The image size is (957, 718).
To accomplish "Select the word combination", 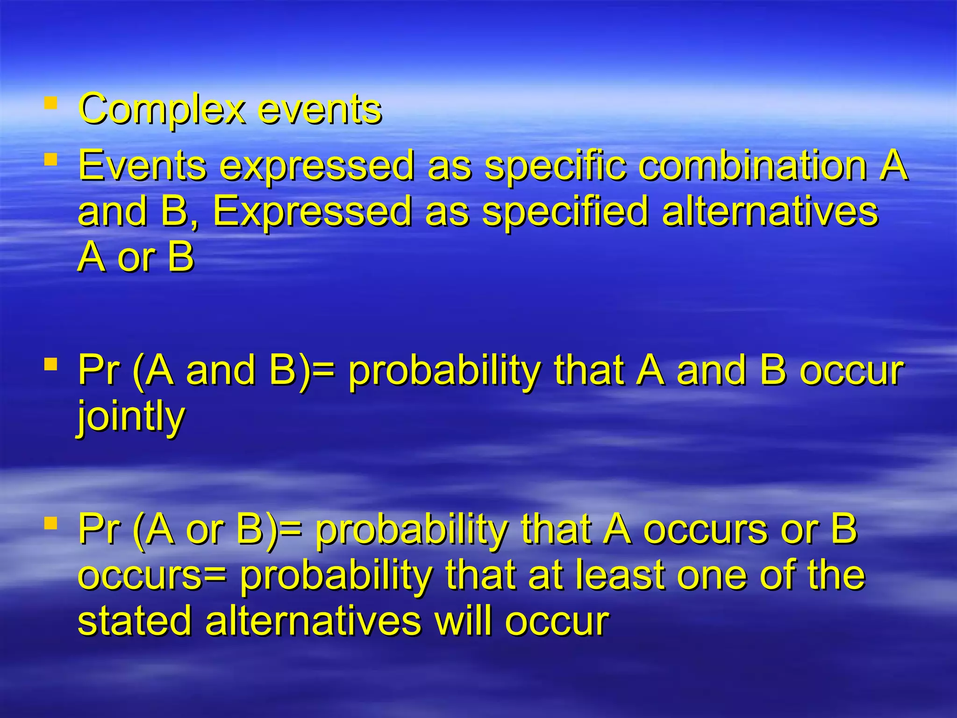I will [752, 165].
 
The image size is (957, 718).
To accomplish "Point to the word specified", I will [565, 212].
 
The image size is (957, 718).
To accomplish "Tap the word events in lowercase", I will [320, 109].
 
